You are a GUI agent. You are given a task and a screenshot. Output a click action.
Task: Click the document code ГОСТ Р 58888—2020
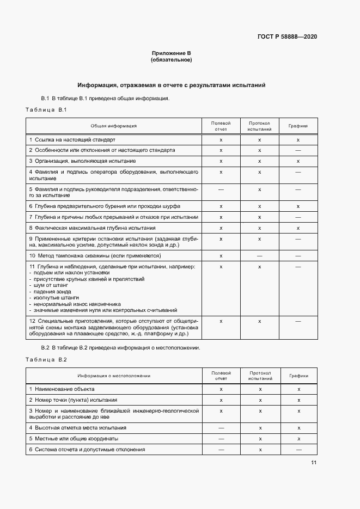pyautogui.click(x=287, y=37)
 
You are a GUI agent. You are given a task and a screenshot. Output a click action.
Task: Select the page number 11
pyautogui.click(x=314, y=463)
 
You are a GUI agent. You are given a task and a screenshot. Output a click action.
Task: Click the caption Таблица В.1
pyautogui.click(x=46, y=110)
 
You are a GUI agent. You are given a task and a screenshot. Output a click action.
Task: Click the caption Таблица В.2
pyautogui.click(x=46, y=360)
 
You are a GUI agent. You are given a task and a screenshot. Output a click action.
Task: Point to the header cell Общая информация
pyautogui.click(x=113, y=126)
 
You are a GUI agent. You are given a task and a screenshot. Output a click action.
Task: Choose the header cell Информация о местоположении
pyautogui.click(x=113, y=376)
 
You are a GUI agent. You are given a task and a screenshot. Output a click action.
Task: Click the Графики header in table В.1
pyautogui.click(x=298, y=126)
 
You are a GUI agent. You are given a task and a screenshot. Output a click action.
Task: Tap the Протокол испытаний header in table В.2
pyautogui.click(x=260, y=376)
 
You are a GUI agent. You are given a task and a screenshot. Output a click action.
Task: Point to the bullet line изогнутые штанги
pyautogui.click(x=56, y=298)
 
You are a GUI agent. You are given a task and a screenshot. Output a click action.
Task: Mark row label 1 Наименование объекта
pyautogui.click(x=62, y=389)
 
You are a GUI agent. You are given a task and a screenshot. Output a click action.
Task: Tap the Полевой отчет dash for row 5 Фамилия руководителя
pyautogui.click(x=221, y=189)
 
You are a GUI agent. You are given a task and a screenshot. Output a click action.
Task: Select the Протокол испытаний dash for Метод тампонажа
pyautogui.click(x=260, y=255)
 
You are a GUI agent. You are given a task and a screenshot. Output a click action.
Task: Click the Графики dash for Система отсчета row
pyautogui.click(x=298, y=450)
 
